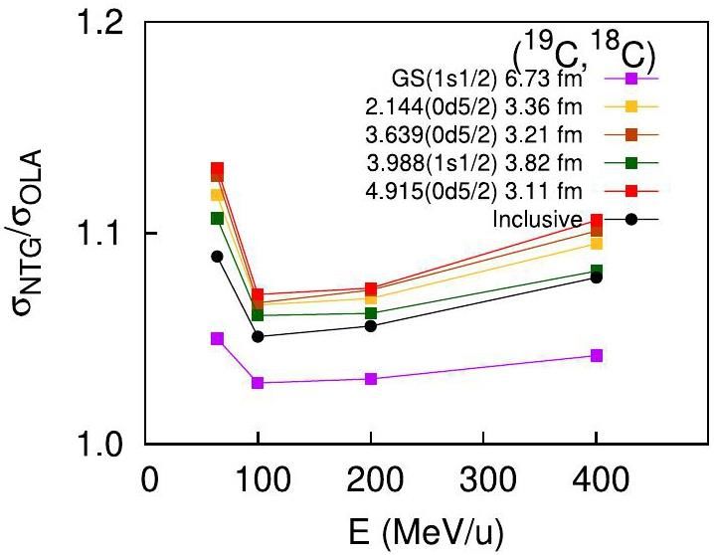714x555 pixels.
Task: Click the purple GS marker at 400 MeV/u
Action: pyautogui.click(x=597, y=355)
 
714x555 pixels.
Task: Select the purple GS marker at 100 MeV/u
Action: pyautogui.click(x=258, y=383)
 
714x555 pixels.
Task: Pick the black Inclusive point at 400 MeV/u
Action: pyautogui.click(x=597, y=277)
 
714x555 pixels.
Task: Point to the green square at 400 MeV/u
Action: pyautogui.click(x=597, y=271)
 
